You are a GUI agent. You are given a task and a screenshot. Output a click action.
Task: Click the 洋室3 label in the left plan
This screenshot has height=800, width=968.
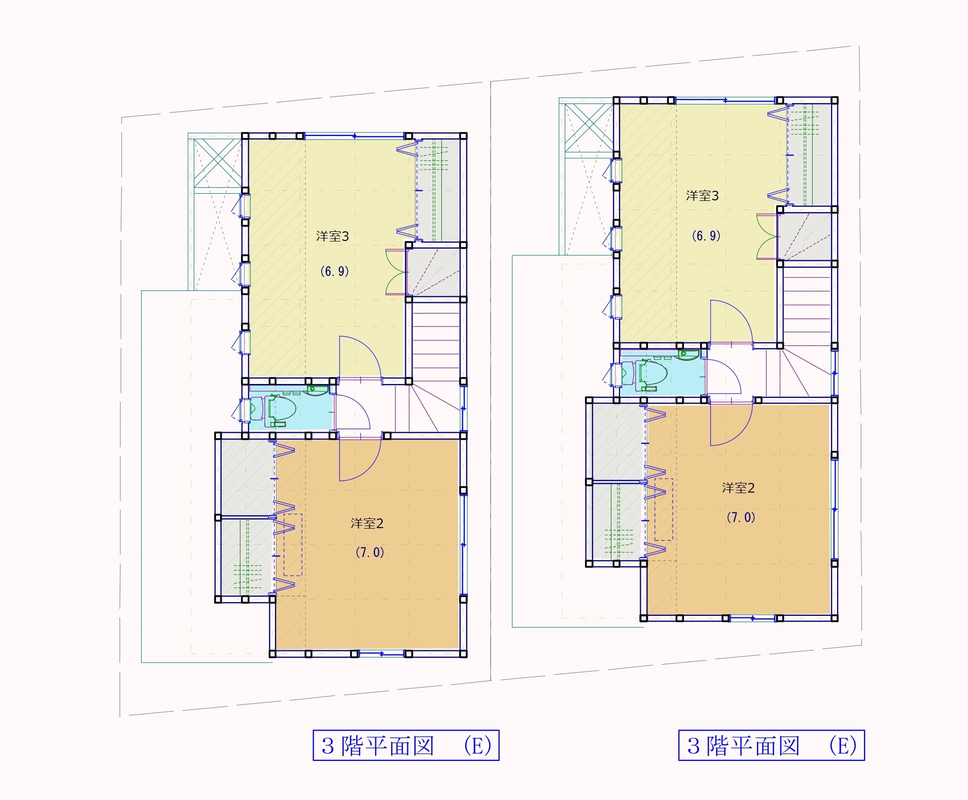coord(332,236)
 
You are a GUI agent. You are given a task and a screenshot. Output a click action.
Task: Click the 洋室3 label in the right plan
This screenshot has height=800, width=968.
coord(702,196)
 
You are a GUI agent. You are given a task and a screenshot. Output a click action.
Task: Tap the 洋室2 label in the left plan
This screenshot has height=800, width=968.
coord(367,524)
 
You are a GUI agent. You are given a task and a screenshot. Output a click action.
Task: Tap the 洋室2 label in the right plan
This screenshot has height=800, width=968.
coord(738,488)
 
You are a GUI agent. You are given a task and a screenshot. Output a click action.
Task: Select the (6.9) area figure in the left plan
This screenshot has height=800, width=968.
coord(334,271)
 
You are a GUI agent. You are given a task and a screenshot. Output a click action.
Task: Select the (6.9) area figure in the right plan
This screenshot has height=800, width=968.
coord(706,236)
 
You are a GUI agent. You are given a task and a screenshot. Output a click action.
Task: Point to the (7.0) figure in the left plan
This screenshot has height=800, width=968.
coord(369,552)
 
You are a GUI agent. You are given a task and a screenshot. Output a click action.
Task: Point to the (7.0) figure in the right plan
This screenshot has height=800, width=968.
coord(741,517)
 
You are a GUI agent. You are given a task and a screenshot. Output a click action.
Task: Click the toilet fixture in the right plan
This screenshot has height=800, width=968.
coord(651,374)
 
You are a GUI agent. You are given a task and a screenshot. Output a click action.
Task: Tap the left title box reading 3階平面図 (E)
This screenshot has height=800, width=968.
coord(406,745)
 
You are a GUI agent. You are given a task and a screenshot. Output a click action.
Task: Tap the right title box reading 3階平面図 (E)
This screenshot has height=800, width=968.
coord(772,745)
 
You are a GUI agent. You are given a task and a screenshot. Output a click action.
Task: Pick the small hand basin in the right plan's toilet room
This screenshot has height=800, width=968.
coord(689,355)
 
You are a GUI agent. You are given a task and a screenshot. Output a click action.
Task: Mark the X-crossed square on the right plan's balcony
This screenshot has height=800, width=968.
coord(589,128)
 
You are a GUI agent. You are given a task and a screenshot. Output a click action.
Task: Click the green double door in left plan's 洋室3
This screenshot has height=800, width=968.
coord(396,272)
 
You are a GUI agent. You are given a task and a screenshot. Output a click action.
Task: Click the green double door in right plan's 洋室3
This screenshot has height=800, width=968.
coord(767,236)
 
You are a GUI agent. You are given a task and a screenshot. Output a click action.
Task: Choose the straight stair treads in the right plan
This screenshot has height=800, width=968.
coord(807,305)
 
